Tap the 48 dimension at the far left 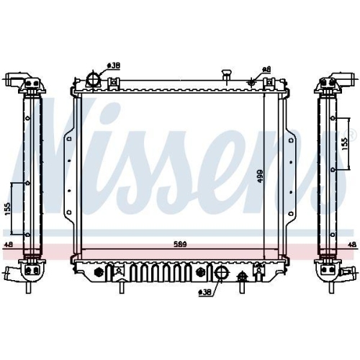pyautogui.click(x=9, y=246)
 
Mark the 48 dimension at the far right pyautogui.click(x=351, y=246)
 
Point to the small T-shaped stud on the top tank pyautogui.click(x=227, y=74)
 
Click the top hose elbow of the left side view pyautogui.click(x=20, y=78)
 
